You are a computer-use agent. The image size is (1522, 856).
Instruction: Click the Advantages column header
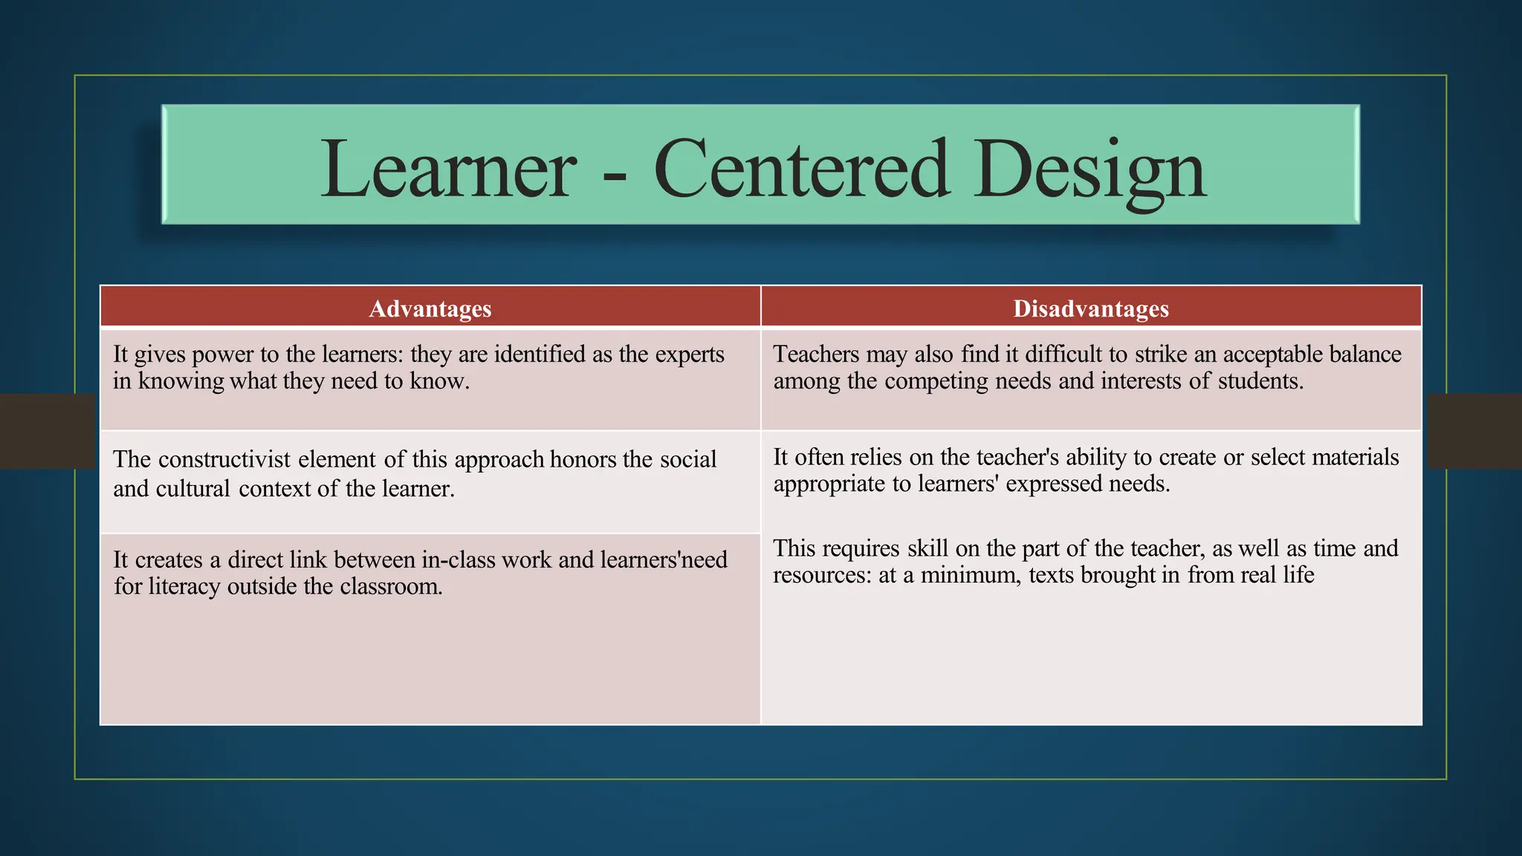point(430,308)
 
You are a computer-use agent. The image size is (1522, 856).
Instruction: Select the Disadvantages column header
point(1091,308)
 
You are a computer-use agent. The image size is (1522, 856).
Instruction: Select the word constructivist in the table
point(224,459)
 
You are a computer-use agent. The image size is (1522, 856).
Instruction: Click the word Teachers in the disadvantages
point(816,354)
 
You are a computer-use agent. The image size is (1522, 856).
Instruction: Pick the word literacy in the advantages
point(184,587)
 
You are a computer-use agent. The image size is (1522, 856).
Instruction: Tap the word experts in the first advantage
point(690,355)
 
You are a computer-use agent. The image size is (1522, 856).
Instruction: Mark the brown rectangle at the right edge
point(1474,431)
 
